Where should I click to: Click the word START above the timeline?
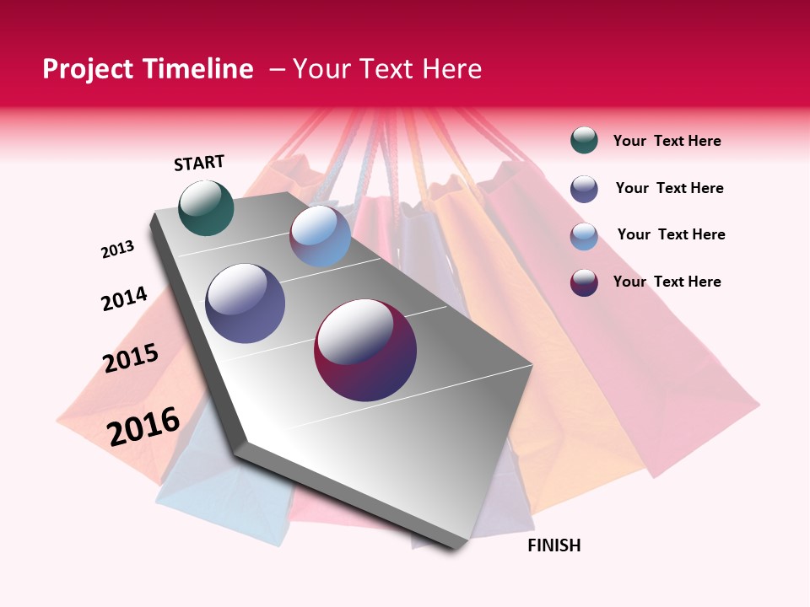(x=199, y=163)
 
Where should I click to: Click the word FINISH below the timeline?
(x=554, y=545)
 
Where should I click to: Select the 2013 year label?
(x=118, y=250)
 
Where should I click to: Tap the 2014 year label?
(x=125, y=298)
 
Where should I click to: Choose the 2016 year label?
(x=143, y=426)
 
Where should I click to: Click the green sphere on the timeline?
(x=206, y=207)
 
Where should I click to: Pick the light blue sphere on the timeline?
(x=320, y=235)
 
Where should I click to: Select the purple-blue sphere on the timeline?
(x=246, y=303)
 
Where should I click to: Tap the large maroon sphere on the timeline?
(x=365, y=350)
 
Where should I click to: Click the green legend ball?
(x=584, y=141)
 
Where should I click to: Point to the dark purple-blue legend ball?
(x=584, y=189)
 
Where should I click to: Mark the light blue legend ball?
(x=584, y=236)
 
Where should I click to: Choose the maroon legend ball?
(x=584, y=282)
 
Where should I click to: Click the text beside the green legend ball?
(x=667, y=142)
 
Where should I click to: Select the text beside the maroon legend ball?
(x=667, y=282)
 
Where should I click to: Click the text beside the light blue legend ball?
(x=671, y=234)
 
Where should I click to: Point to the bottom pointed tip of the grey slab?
(x=456, y=549)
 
